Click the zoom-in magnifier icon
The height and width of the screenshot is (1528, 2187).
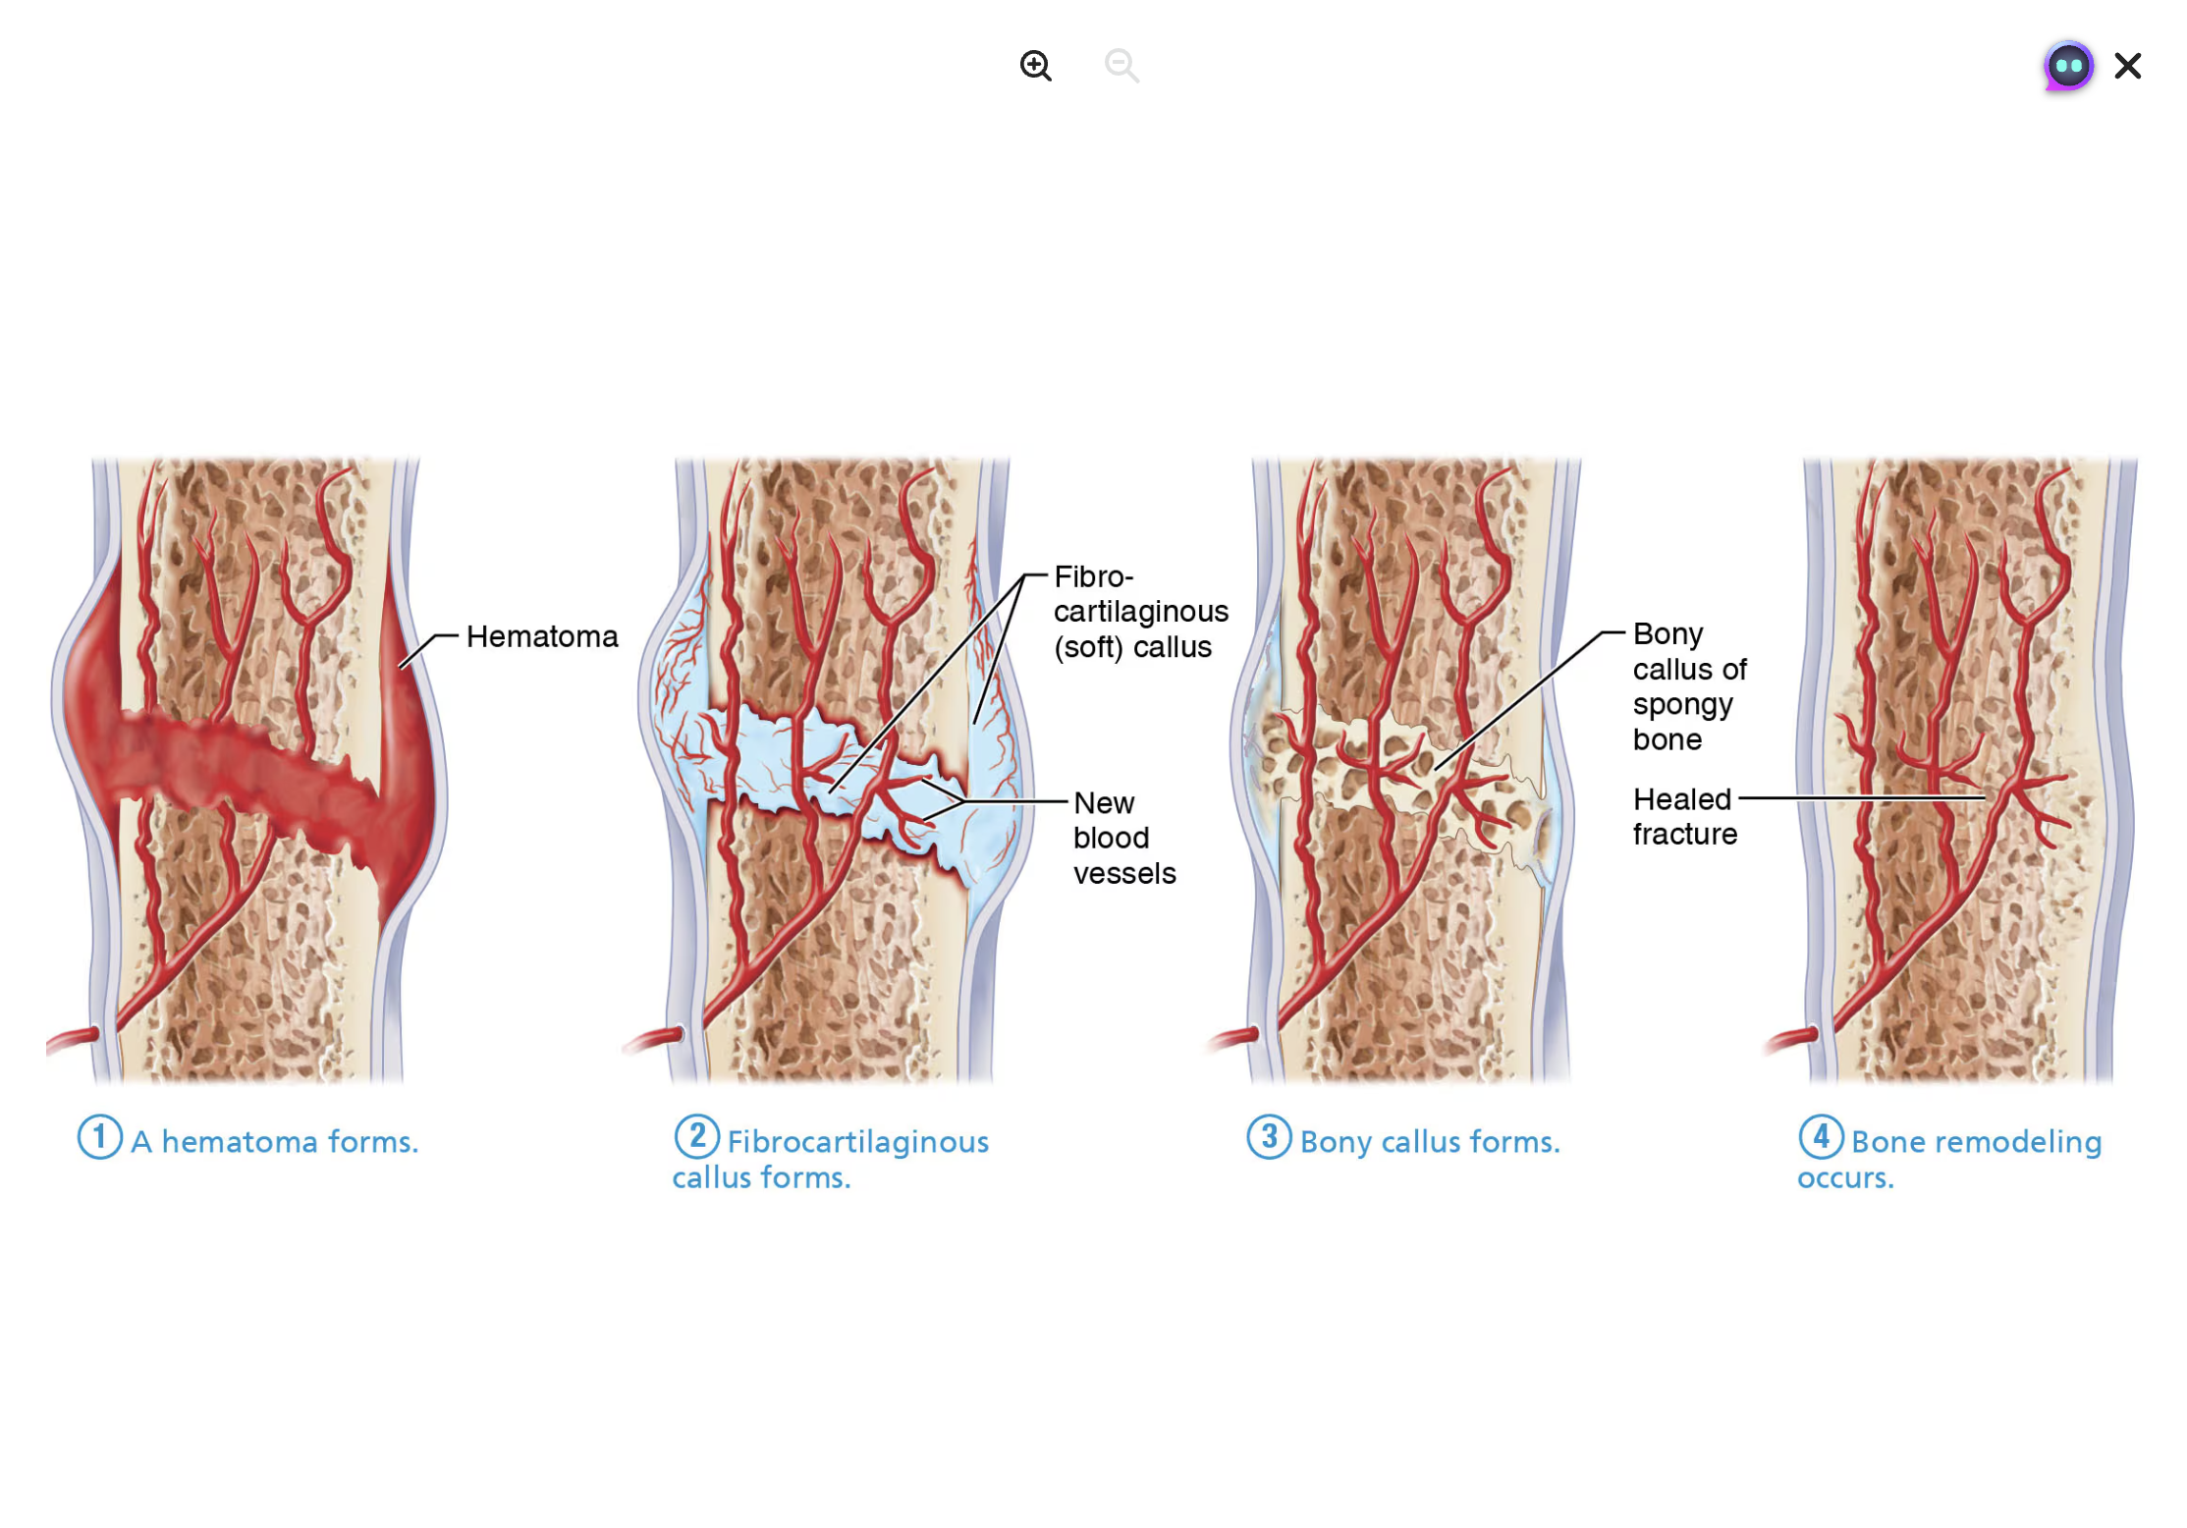pos(1035,66)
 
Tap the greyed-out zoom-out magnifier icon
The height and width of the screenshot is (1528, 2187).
pos(1121,66)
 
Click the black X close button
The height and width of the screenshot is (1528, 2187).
pos(2127,66)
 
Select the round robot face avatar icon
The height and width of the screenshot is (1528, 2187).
pos(2068,67)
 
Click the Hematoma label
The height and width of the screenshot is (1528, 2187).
pos(542,636)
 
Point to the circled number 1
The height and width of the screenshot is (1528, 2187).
pos(99,1136)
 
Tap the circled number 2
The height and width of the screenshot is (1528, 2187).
pos(696,1136)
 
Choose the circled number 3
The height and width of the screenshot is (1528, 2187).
pos(1269,1136)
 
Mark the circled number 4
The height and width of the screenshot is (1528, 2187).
pos(1821,1136)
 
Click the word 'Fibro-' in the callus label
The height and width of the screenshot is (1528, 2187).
pos(1093,576)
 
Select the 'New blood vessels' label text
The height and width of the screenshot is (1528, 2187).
pos(1123,838)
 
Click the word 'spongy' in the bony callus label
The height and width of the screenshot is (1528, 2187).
pos(1682,705)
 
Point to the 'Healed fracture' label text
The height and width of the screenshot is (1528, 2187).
pos(1683,816)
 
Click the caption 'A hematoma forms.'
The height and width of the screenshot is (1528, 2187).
pos(275,1141)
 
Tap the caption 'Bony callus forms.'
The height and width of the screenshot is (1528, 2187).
pos(1430,1141)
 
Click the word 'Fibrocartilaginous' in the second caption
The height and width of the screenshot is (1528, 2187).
pos(857,1141)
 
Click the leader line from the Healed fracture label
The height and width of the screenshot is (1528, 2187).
pos(1856,798)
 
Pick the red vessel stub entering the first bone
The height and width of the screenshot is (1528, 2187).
pos(73,1038)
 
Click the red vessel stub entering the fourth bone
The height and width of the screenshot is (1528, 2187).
pos(1791,1038)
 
